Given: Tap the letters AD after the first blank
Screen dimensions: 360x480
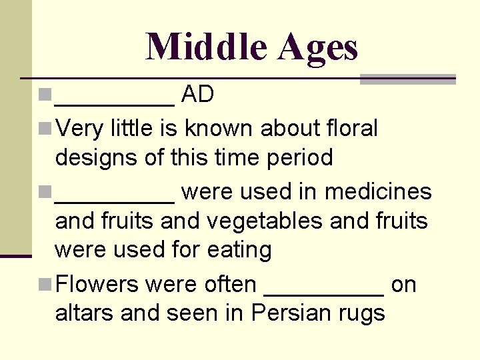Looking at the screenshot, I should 197,95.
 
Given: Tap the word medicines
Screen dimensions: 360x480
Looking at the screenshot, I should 378,191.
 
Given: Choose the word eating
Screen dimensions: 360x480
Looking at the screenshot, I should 239,250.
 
